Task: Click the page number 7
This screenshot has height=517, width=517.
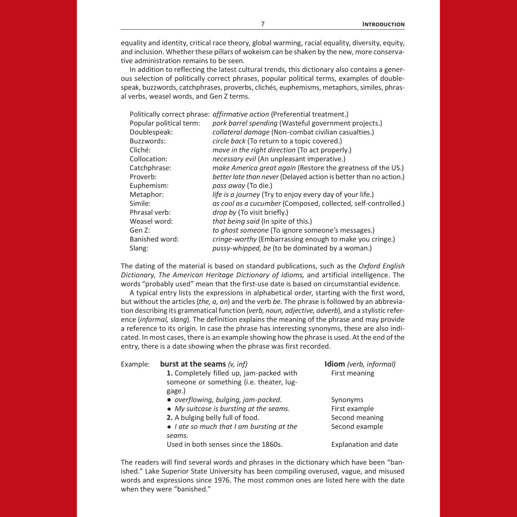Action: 263,24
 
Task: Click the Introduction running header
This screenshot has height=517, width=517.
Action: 384,24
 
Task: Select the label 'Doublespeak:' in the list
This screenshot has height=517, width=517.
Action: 151,132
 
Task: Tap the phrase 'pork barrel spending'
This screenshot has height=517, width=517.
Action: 245,123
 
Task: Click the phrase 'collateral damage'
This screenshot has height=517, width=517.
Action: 241,132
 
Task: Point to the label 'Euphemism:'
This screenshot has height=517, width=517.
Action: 149,185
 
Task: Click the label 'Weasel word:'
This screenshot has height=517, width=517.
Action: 151,221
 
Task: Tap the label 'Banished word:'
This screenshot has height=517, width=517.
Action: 154,239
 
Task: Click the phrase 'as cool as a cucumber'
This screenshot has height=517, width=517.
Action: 246,203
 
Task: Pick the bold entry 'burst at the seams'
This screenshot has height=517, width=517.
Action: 193,364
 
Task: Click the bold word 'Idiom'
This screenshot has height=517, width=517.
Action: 334,364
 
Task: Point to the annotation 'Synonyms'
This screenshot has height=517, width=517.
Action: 347,400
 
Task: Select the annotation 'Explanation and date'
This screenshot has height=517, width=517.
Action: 365,445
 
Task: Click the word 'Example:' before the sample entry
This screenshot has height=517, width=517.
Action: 135,364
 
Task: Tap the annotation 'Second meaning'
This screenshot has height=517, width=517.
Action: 357,418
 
